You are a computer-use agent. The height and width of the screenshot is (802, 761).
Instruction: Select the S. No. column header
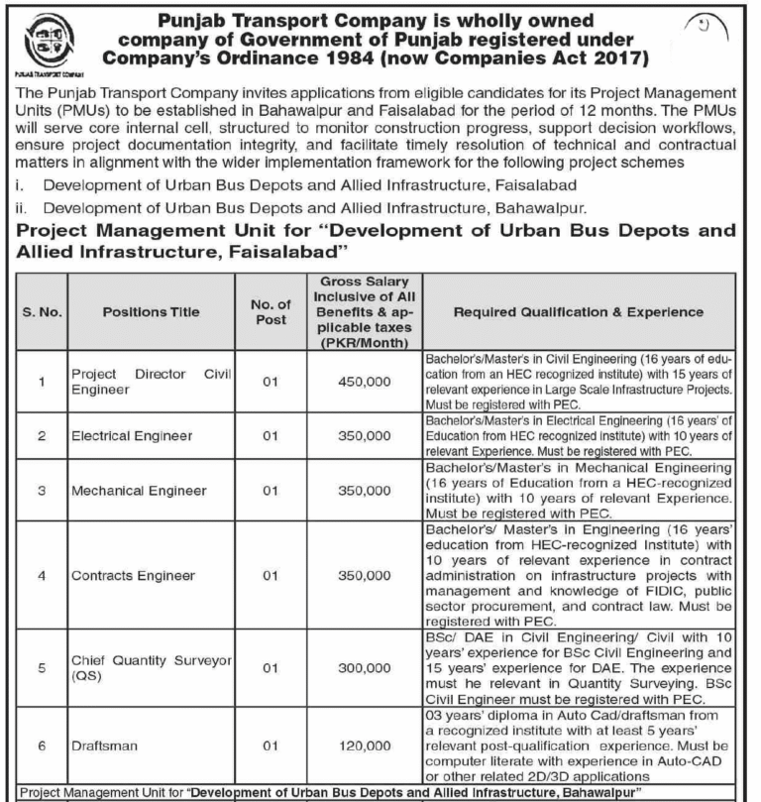tap(43, 311)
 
